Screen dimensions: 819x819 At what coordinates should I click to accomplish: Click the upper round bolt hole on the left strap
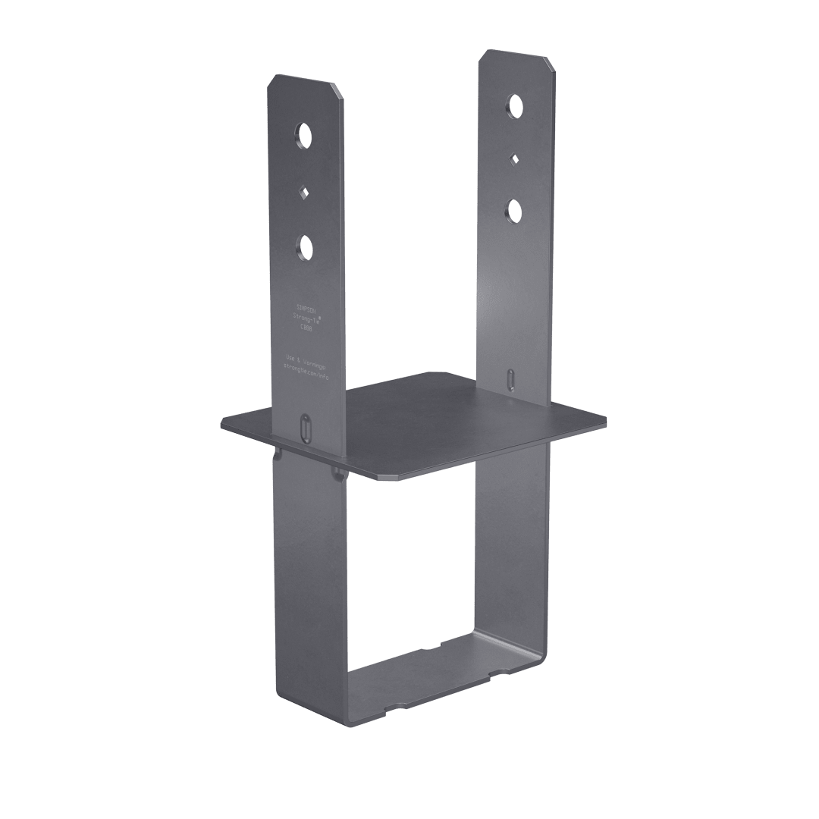(x=304, y=136)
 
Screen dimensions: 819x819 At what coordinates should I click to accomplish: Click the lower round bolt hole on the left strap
(x=305, y=247)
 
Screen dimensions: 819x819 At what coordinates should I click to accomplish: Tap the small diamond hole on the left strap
(x=303, y=192)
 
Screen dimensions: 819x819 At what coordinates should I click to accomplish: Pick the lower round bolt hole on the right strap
(x=515, y=209)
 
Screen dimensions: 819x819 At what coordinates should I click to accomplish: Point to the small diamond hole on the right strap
(x=515, y=158)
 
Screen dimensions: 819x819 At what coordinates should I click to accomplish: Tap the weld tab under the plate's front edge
(x=337, y=474)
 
